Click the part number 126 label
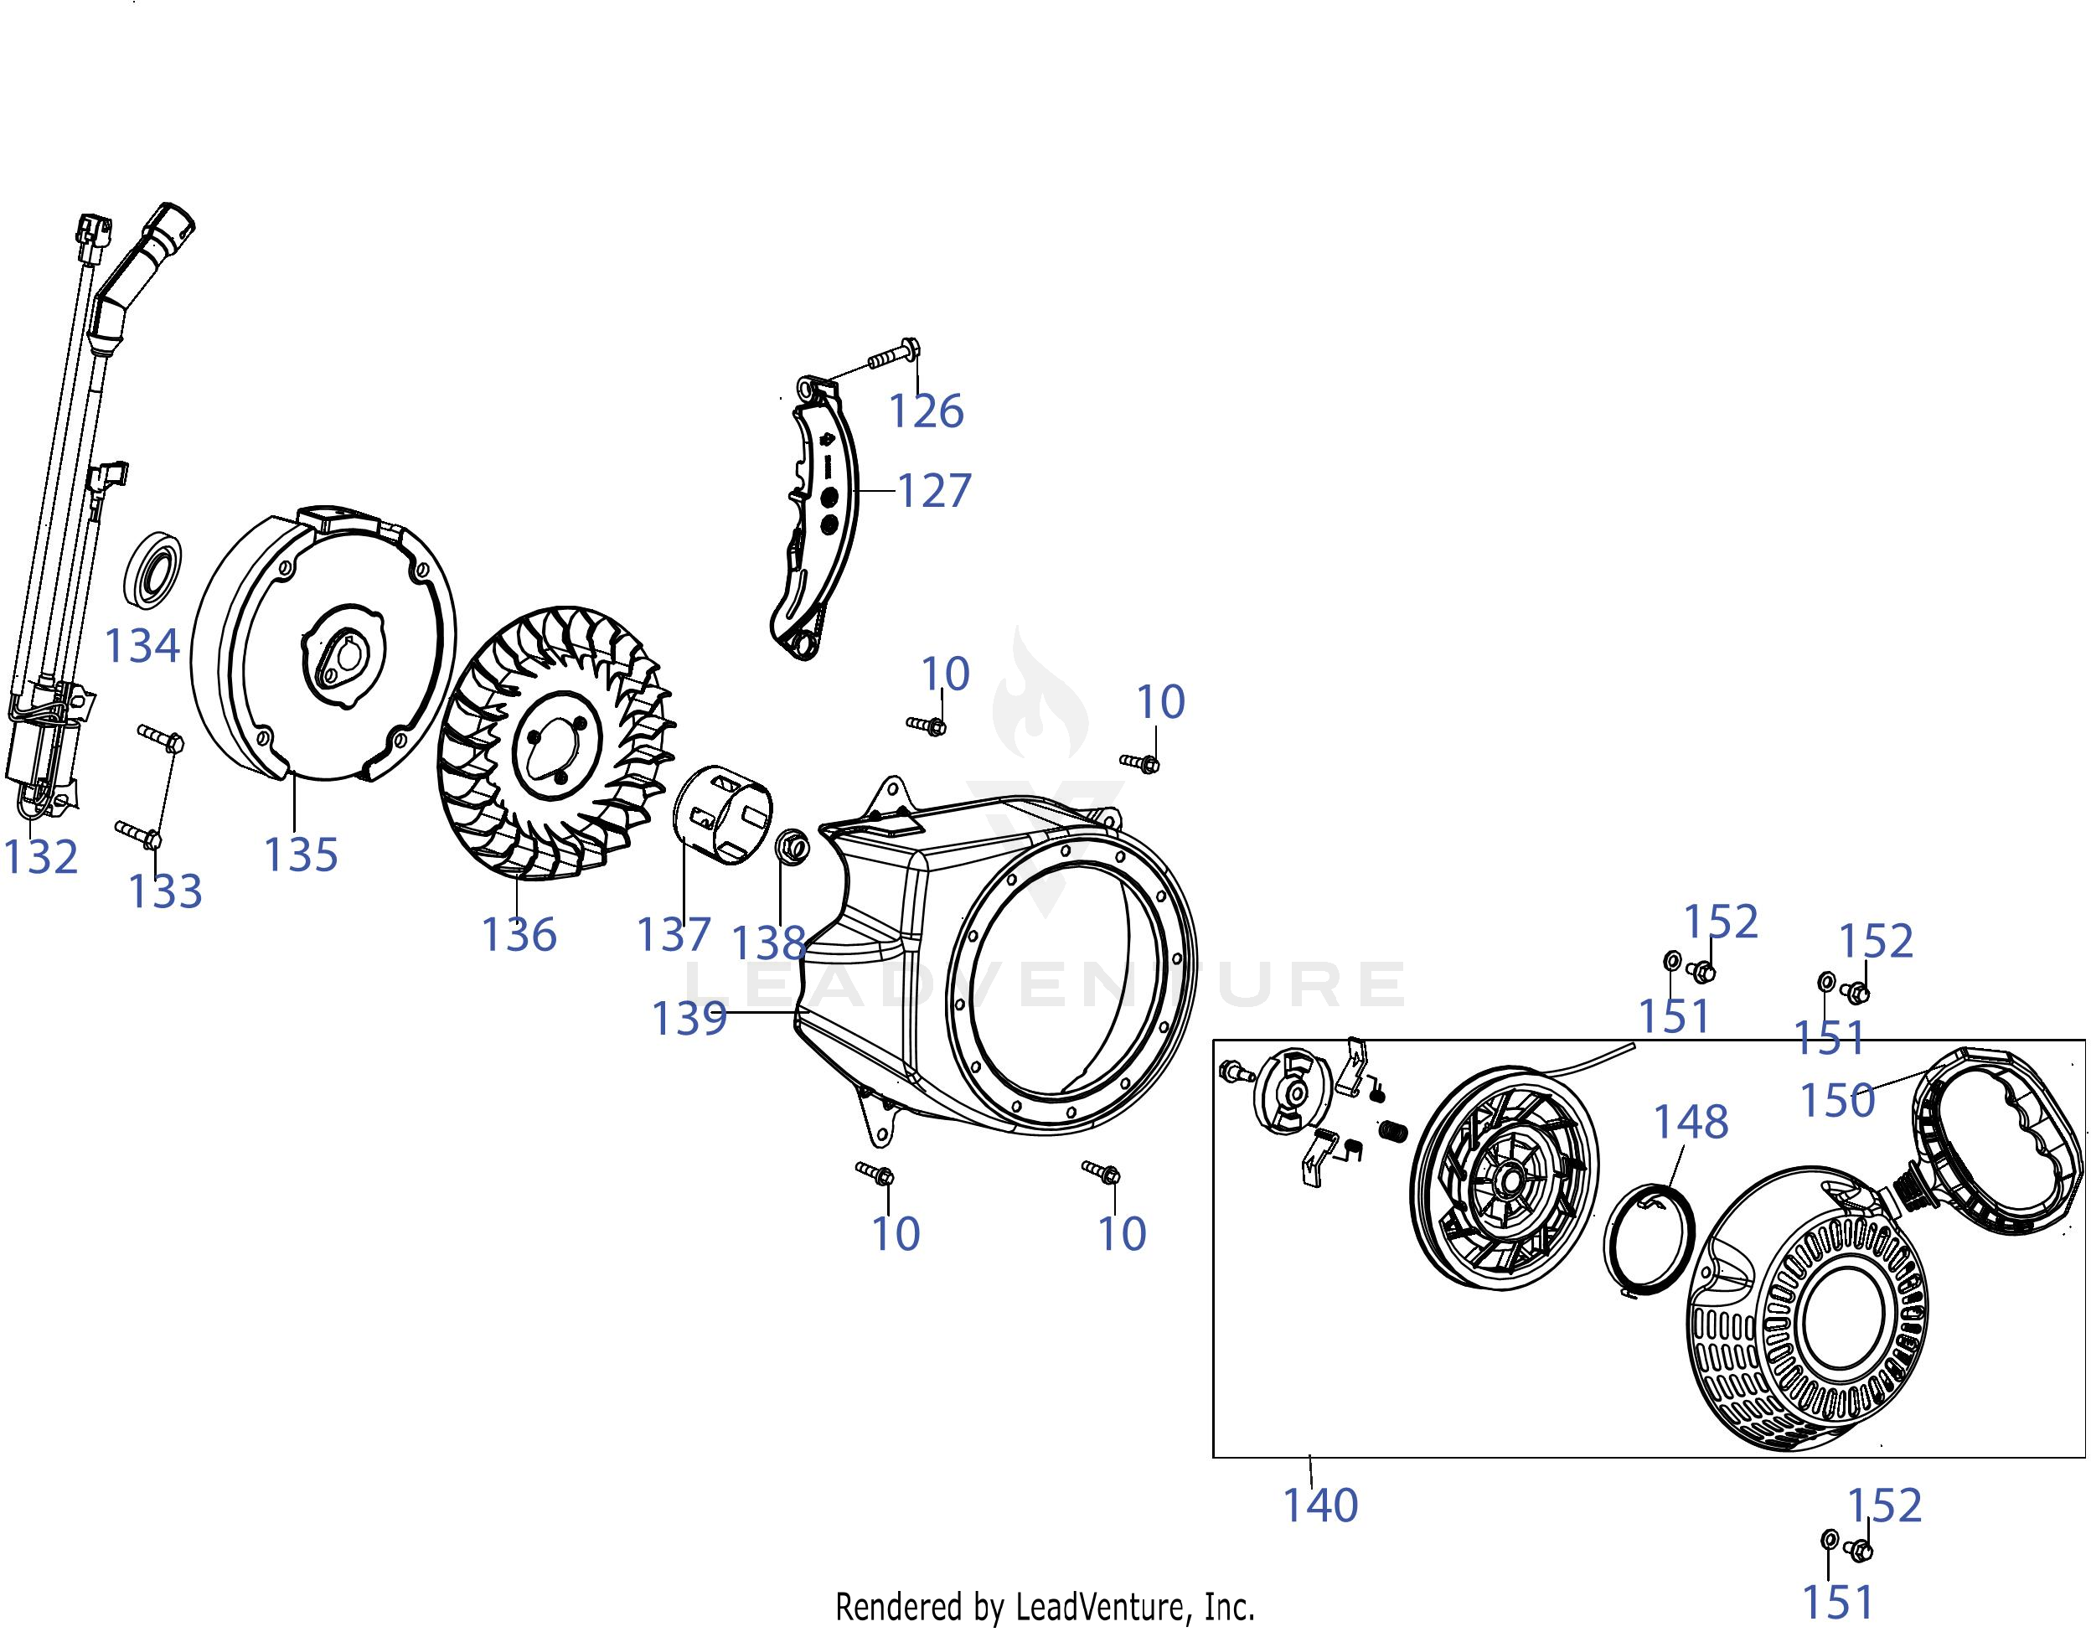[x=926, y=411]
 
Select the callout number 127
[x=933, y=491]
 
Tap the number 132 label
[x=40, y=857]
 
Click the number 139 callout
[x=689, y=1019]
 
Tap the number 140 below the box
[x=1319, y=1505]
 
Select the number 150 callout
[x=1837, y=1101]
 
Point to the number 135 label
[x=301, y=855]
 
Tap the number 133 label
[x=165, y=892]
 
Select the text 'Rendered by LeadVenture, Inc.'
[x=1045, y=1606]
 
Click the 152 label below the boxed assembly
[x=1884, y=1505]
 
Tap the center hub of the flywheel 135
[x=340, y=656]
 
